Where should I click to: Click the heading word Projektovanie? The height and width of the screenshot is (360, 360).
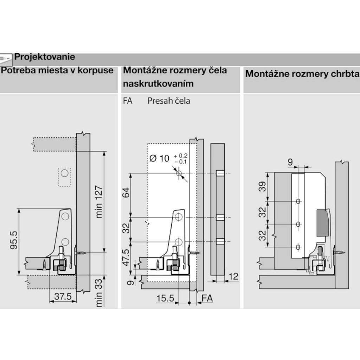[x=45, y=57]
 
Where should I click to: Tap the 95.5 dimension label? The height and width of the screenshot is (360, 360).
[x=14, y=240]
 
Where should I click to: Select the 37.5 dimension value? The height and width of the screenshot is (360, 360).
[x=63, y=296]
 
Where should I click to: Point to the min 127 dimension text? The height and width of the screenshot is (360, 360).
[x=98, y=201]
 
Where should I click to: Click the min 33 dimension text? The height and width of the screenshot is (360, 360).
[x=98, y=293]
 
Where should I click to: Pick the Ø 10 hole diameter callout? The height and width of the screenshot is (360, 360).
[x=168, y=159]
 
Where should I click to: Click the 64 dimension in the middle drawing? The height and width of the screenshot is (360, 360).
[x=126, y=193]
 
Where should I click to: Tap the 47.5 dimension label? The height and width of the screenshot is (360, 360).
[x=126, y=257]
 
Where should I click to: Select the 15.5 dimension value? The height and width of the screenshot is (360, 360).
[x=165, y=298]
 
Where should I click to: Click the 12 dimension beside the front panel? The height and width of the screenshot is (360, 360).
[x=233, y=276]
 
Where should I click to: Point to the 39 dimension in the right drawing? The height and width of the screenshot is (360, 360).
[x=262, y=187]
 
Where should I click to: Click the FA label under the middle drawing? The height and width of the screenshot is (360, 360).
[x=207, y=298]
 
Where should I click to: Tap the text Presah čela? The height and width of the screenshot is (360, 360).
[x=169, y=101]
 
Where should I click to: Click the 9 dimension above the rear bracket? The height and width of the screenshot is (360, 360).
[x=290, y=162]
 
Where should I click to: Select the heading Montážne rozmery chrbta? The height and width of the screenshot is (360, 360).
[x=302, y=74]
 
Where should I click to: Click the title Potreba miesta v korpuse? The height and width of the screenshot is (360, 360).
[x=57, y=70]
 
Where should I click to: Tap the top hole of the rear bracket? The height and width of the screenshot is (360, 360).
[x=298, y=201]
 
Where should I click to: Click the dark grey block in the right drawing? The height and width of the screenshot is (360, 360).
[x=322, y=223]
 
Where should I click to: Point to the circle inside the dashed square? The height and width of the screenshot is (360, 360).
[x=65, y=173]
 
